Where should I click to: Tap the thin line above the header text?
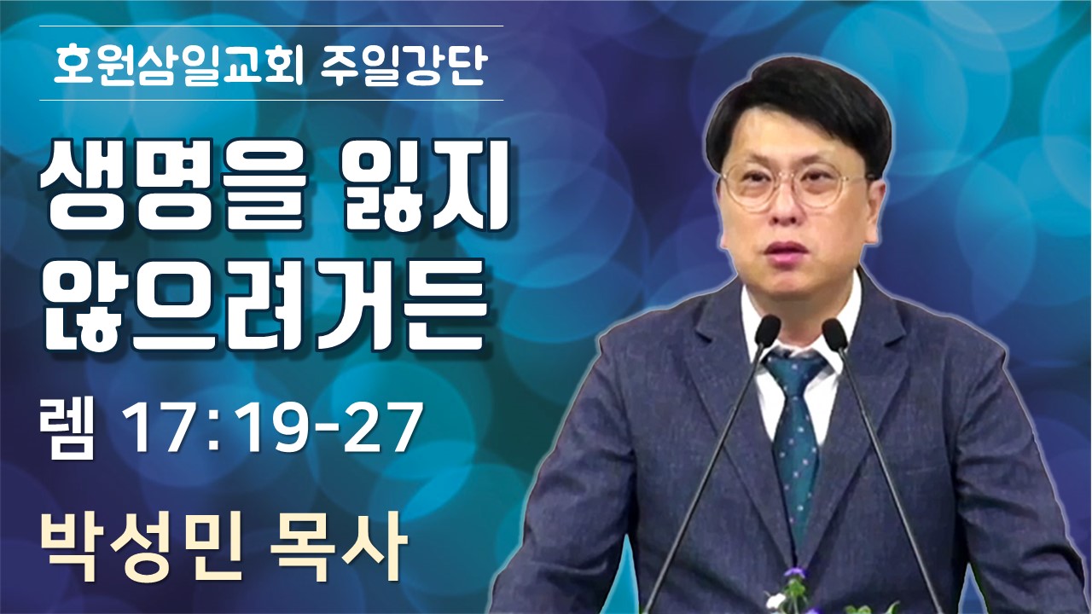(x=271, y=26)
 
